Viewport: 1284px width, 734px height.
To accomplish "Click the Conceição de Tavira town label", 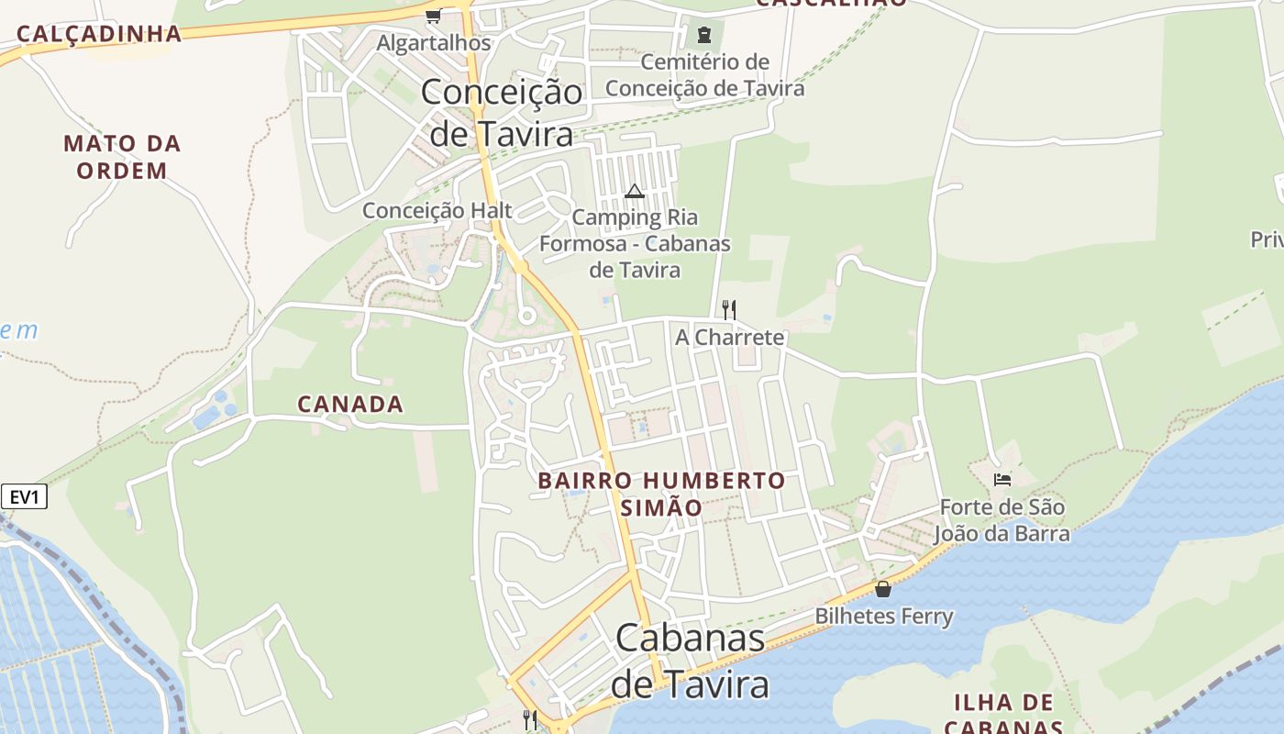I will (502, 113).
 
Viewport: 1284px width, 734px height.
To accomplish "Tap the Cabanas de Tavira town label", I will (690, 661).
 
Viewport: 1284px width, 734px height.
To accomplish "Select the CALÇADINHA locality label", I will (99, 34).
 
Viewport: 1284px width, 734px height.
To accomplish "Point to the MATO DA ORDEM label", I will (122, 157).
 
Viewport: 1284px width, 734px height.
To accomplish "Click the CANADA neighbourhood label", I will (350, 404).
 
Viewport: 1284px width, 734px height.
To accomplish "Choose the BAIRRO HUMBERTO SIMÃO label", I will (661, 494).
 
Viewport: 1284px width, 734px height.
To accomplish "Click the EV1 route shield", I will (24, 497).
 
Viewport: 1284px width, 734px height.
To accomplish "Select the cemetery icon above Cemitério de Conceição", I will (703, 36).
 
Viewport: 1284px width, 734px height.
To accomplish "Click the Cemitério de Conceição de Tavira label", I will (704, 75).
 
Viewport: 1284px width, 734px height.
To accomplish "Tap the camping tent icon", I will (634, 191).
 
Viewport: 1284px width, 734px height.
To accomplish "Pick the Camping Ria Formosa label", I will (635, 243).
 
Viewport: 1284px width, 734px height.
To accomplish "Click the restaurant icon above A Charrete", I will (729, 309).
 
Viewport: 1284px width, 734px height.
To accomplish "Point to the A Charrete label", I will (730, 337).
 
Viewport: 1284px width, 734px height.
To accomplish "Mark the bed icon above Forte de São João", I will (1002, 479).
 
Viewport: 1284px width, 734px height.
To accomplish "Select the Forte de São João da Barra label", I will (1002, 520).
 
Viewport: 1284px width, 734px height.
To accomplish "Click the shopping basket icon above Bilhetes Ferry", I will (883, 589).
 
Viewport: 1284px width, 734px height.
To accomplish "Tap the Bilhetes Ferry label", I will (884, 616).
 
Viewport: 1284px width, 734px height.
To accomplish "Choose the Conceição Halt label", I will (437, 210).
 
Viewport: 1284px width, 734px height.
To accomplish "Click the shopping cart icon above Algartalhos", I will (433, 16).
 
